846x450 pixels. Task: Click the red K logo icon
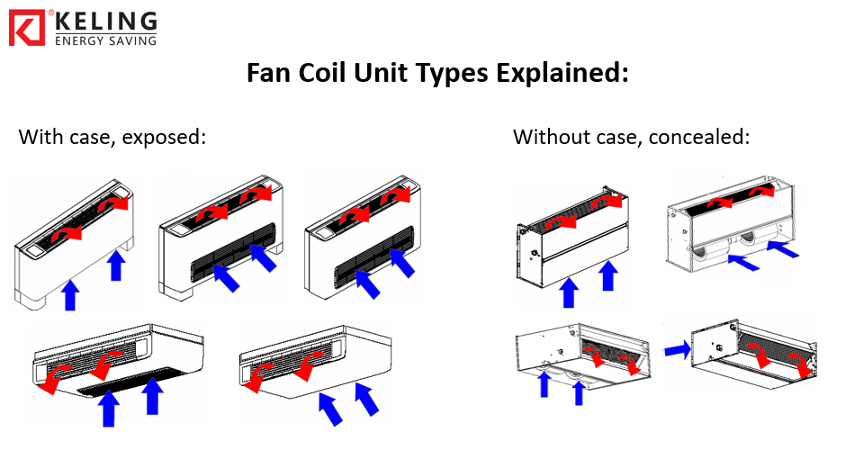(27, 27)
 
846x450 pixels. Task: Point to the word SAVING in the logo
(130, 40)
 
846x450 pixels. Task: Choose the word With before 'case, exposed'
(40, 138)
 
